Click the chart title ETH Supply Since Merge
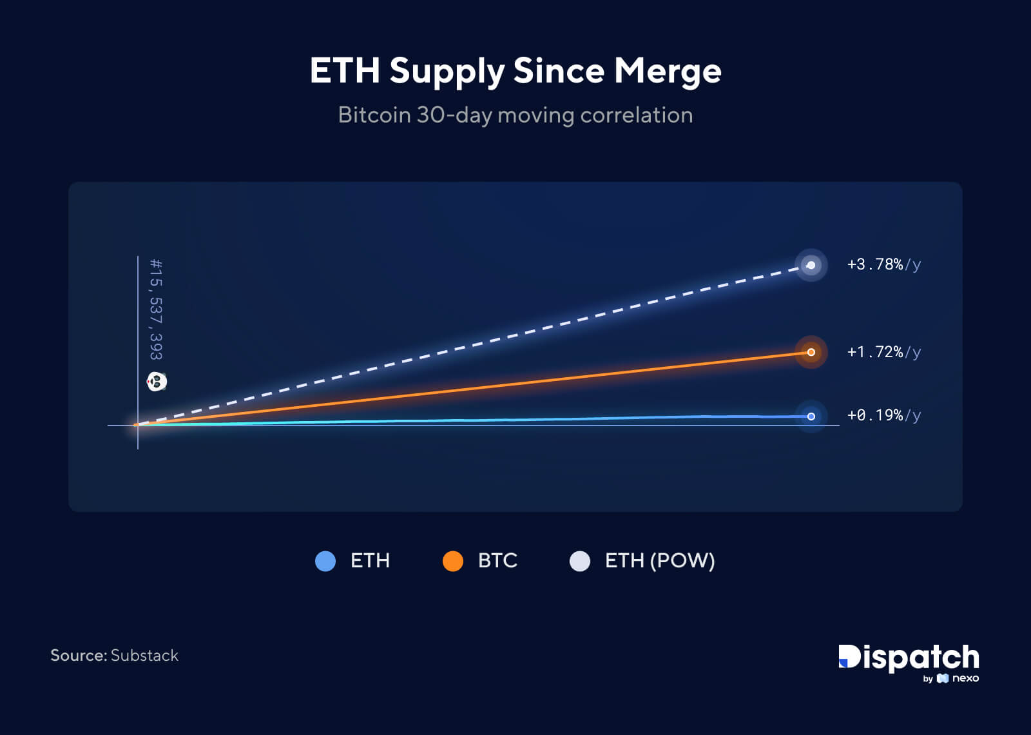(515, 70)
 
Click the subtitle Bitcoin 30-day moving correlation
(515, 115)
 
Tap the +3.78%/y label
(883, 264)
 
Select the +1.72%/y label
(883, 352)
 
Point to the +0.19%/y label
(883, 415)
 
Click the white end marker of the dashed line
(811, 265)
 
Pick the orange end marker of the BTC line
(811, 352)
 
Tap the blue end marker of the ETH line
(811, 416)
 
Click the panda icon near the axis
(157, 382)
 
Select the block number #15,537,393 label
(156, 309)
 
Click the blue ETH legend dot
(325, 561)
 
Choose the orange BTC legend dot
(453, 561)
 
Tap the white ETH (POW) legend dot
(580, 561)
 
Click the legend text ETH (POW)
(660, 561)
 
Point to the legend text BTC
(497, 561)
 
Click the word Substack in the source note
(144, 656)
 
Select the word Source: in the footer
(79, 656)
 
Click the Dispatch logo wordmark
(909, 657)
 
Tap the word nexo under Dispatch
(965, 678)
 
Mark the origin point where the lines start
(137, 425)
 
